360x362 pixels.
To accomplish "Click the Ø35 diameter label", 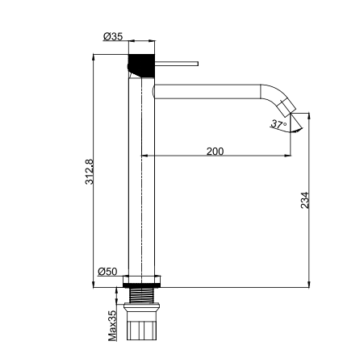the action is click(113, 36).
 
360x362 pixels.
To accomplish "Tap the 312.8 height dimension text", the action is click(90, 172).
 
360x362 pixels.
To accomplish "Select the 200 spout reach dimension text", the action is click(215, 152).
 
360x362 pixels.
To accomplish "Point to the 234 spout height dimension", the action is click(305, 200).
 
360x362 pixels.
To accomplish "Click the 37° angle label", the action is click(278, 124).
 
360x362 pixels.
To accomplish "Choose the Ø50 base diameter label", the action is click(107, 272).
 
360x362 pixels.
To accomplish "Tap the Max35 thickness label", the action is click(112, 326).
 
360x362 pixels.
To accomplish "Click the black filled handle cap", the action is click(141, 65).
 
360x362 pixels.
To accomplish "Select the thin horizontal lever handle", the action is click(177, 64).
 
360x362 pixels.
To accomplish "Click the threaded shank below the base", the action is click(141, 295).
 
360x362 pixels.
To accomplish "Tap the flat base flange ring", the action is click(142, 281).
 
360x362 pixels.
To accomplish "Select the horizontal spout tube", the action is click(207, 91).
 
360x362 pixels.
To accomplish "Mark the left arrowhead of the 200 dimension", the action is click(144, 156).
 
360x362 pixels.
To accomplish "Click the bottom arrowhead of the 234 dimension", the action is click(309, 284).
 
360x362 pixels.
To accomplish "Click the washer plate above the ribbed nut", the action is click(141, 306).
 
